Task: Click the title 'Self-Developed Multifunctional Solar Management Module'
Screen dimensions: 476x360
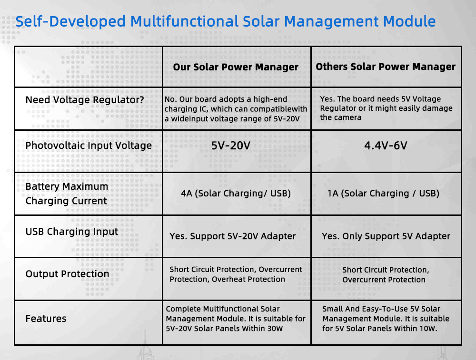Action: pyautogui.click(x=226, y=21)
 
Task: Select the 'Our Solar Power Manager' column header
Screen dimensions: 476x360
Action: pyautogui.click(x=236, y=67)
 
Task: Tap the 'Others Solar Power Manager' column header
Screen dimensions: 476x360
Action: pyautogui.click(x=386, y=67)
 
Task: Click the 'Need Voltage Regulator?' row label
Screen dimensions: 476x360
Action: pyautogui.click(x=85, y=100)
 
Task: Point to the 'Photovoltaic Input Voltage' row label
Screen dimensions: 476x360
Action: pyautogui.click(x=89, y=146)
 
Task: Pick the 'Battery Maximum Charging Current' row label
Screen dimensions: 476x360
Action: pyautogui.click(x=67, y=194)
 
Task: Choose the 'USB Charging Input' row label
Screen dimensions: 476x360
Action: pyautogui.click(x=72, y=232)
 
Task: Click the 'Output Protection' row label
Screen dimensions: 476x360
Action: pyautogui.click(x=67, y=274)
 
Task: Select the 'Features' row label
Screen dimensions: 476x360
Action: pyautogui.click(x=46, y=319)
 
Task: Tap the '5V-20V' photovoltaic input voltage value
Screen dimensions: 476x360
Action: pyautogui.click(x=231, y=146)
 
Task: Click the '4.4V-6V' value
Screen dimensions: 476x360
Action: pyautogui.click(x=386, y=146)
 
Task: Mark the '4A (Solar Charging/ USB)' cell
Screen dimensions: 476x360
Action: pyautogui.click(x=236, y=194)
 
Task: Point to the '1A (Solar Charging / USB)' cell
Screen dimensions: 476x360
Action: pyautogui.click(x=383, y=194)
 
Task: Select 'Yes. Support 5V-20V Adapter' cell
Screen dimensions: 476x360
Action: pyautogui.click(x=233, y=236)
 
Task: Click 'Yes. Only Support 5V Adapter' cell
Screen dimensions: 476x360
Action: pyautogui.click(x=386, y=236)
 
